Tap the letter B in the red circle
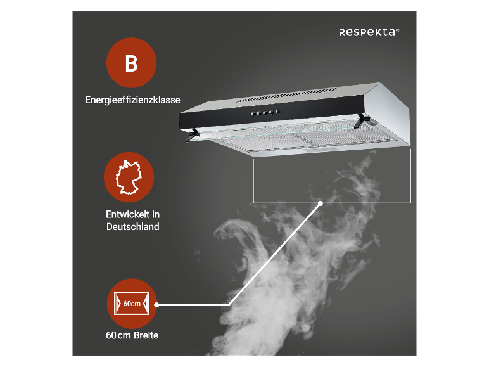coord(131,64)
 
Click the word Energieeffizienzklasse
coord(132,100)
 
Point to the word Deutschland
coord(132,226)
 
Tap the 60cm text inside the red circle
coord(132,304)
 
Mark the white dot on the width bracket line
coord(321,203)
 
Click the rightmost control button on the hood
coord(277,112)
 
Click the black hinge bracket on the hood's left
coord(193,133)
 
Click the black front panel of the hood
coord(304,113)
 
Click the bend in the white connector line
coord(229,304)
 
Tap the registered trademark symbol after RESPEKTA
coord(398,29)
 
